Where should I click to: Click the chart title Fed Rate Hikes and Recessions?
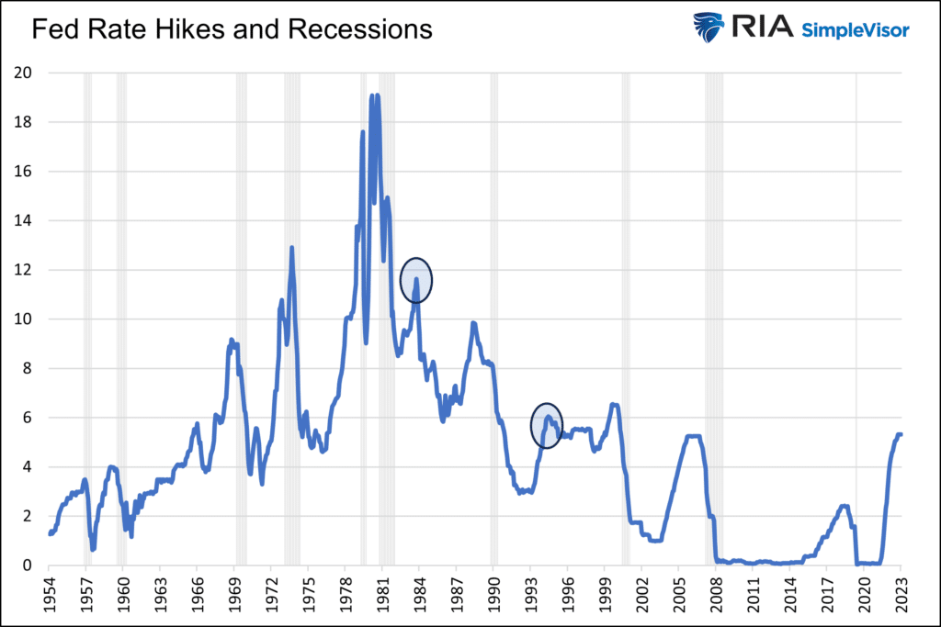tap(232, 29)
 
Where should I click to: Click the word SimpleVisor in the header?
tap(856, 30)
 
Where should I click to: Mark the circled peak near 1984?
tap(416, 281)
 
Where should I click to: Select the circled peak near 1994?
tap(547, 425)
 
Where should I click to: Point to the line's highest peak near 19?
tap(372, 95)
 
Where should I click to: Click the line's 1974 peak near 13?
tap(292, 247)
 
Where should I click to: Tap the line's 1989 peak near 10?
tap(473, 323)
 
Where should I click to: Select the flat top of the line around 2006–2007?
tap(695, 436)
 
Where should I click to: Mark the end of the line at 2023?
tap(901, 434)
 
